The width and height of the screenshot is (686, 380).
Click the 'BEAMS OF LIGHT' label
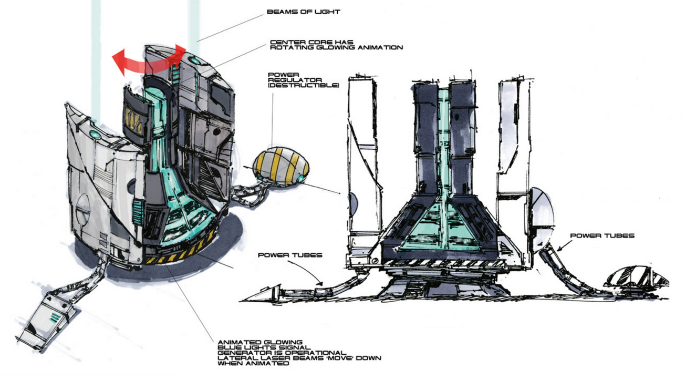click(304, 12)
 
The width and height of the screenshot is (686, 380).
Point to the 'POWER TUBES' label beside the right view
click(602, 235)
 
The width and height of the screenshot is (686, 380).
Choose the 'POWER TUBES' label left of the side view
click(290, 255)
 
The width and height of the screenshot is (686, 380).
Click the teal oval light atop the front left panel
click(95, 134)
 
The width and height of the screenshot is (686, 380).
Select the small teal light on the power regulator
click(300, 178)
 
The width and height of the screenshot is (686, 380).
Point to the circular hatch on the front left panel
click(83, 209)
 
